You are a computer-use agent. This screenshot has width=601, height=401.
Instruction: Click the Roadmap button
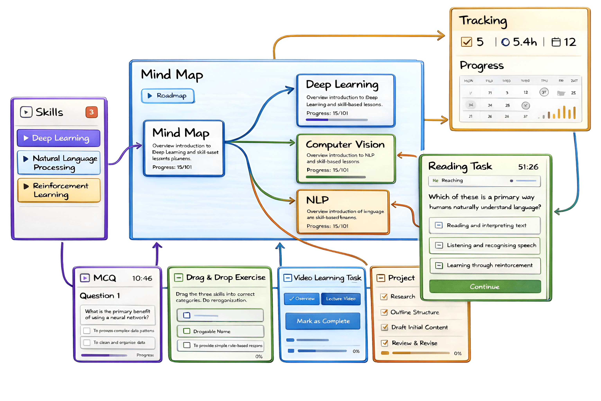point(168,96)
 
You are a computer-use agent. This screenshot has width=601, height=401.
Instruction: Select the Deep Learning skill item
point(58,138)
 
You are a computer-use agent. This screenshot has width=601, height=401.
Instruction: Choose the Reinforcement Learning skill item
point(59,190)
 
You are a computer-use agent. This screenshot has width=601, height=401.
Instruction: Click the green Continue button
point(485,286)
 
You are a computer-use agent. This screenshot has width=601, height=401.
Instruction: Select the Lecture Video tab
point(341,299)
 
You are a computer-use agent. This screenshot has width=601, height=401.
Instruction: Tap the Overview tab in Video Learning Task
point(302,299)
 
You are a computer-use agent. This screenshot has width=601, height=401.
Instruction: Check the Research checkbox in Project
point(384,297)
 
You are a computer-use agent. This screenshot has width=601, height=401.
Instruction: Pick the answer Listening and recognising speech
point(485,246)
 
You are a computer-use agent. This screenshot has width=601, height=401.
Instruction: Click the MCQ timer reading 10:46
point(142,278)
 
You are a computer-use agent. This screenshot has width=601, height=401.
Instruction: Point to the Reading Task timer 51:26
point(528,167)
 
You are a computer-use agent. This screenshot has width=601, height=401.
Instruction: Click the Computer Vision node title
point(345,145)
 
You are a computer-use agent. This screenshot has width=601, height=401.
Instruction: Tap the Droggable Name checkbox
point(187,331)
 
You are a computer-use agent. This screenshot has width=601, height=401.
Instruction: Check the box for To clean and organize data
point(87,342)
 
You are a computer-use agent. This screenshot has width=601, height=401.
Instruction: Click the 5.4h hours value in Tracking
point(525,42)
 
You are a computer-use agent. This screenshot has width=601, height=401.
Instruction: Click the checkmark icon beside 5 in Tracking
point(466,42)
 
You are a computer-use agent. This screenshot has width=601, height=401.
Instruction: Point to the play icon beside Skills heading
point(26,112)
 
